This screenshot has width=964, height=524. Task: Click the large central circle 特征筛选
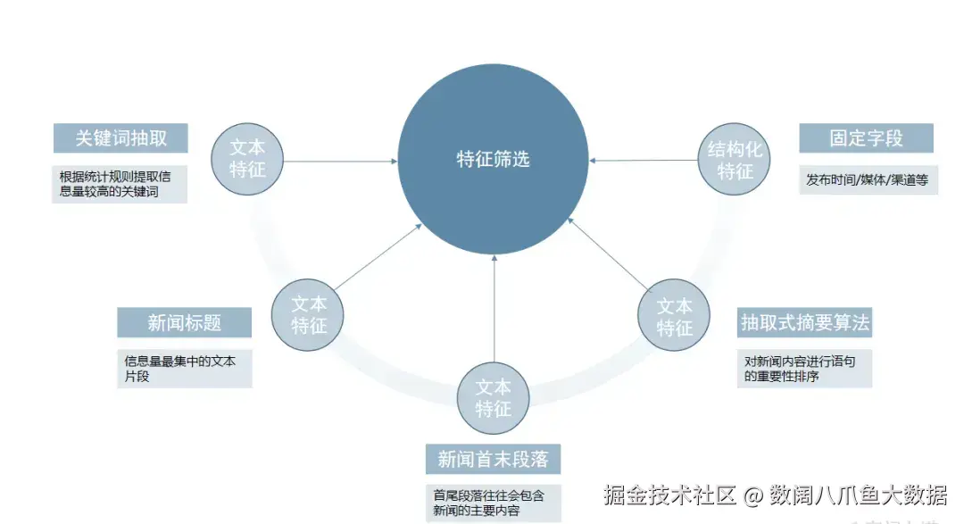click(493, 159)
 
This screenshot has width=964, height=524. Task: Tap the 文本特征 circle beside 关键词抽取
click(247, 158)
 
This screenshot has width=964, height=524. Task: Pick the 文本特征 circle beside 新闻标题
click(309, 314)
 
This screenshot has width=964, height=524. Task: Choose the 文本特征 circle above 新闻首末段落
click(493, 398)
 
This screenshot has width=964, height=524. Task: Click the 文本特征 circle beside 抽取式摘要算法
click(675, 316)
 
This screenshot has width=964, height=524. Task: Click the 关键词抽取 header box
click(120, 138)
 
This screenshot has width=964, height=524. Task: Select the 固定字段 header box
click(866, 138)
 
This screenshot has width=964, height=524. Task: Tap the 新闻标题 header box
click(185, 322)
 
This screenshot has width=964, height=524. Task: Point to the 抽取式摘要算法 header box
click(804, 322)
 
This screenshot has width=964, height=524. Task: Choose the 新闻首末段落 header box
click(493, 460)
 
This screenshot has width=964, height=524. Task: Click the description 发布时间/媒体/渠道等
click(868, 180)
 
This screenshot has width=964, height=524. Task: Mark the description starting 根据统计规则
click(120, 184)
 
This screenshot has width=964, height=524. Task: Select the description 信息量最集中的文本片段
click(185, 369)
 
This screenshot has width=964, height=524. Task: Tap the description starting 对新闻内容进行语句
click(804, 369)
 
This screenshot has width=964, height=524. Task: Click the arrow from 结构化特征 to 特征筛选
click(643, 161)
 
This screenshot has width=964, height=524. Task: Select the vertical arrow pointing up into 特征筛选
click(493, 312)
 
